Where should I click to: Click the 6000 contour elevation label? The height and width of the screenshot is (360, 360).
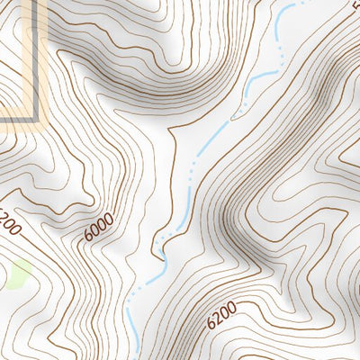pyautogui.click(x=100, y=226)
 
